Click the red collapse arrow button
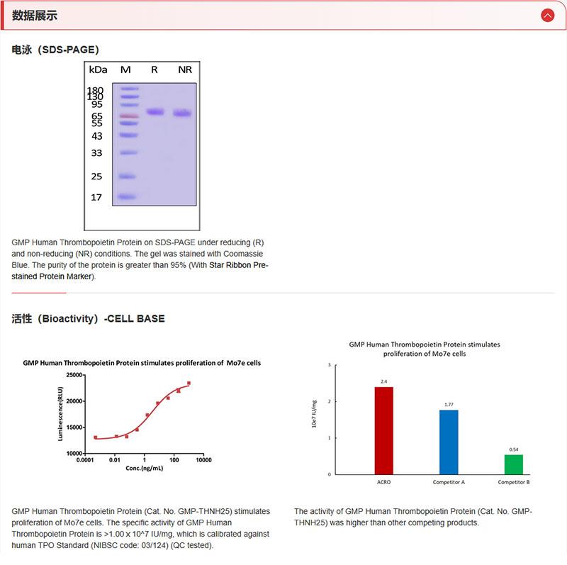[547, 15]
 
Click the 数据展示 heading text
[35, 16]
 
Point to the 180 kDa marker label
[95, 91]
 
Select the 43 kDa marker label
[96, 136]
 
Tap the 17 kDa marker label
[96, 197]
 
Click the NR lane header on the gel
[185, 69]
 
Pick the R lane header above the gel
[155, 69]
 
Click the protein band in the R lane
[155, 111]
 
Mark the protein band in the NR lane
[183, 113]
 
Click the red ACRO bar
[383, 430]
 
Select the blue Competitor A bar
[449, 442]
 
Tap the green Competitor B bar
[514, 464]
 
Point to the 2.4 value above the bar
[383, 381]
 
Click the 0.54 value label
[514, 449]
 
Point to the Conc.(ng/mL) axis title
[144, 469]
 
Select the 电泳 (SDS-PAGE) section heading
[55, 50]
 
